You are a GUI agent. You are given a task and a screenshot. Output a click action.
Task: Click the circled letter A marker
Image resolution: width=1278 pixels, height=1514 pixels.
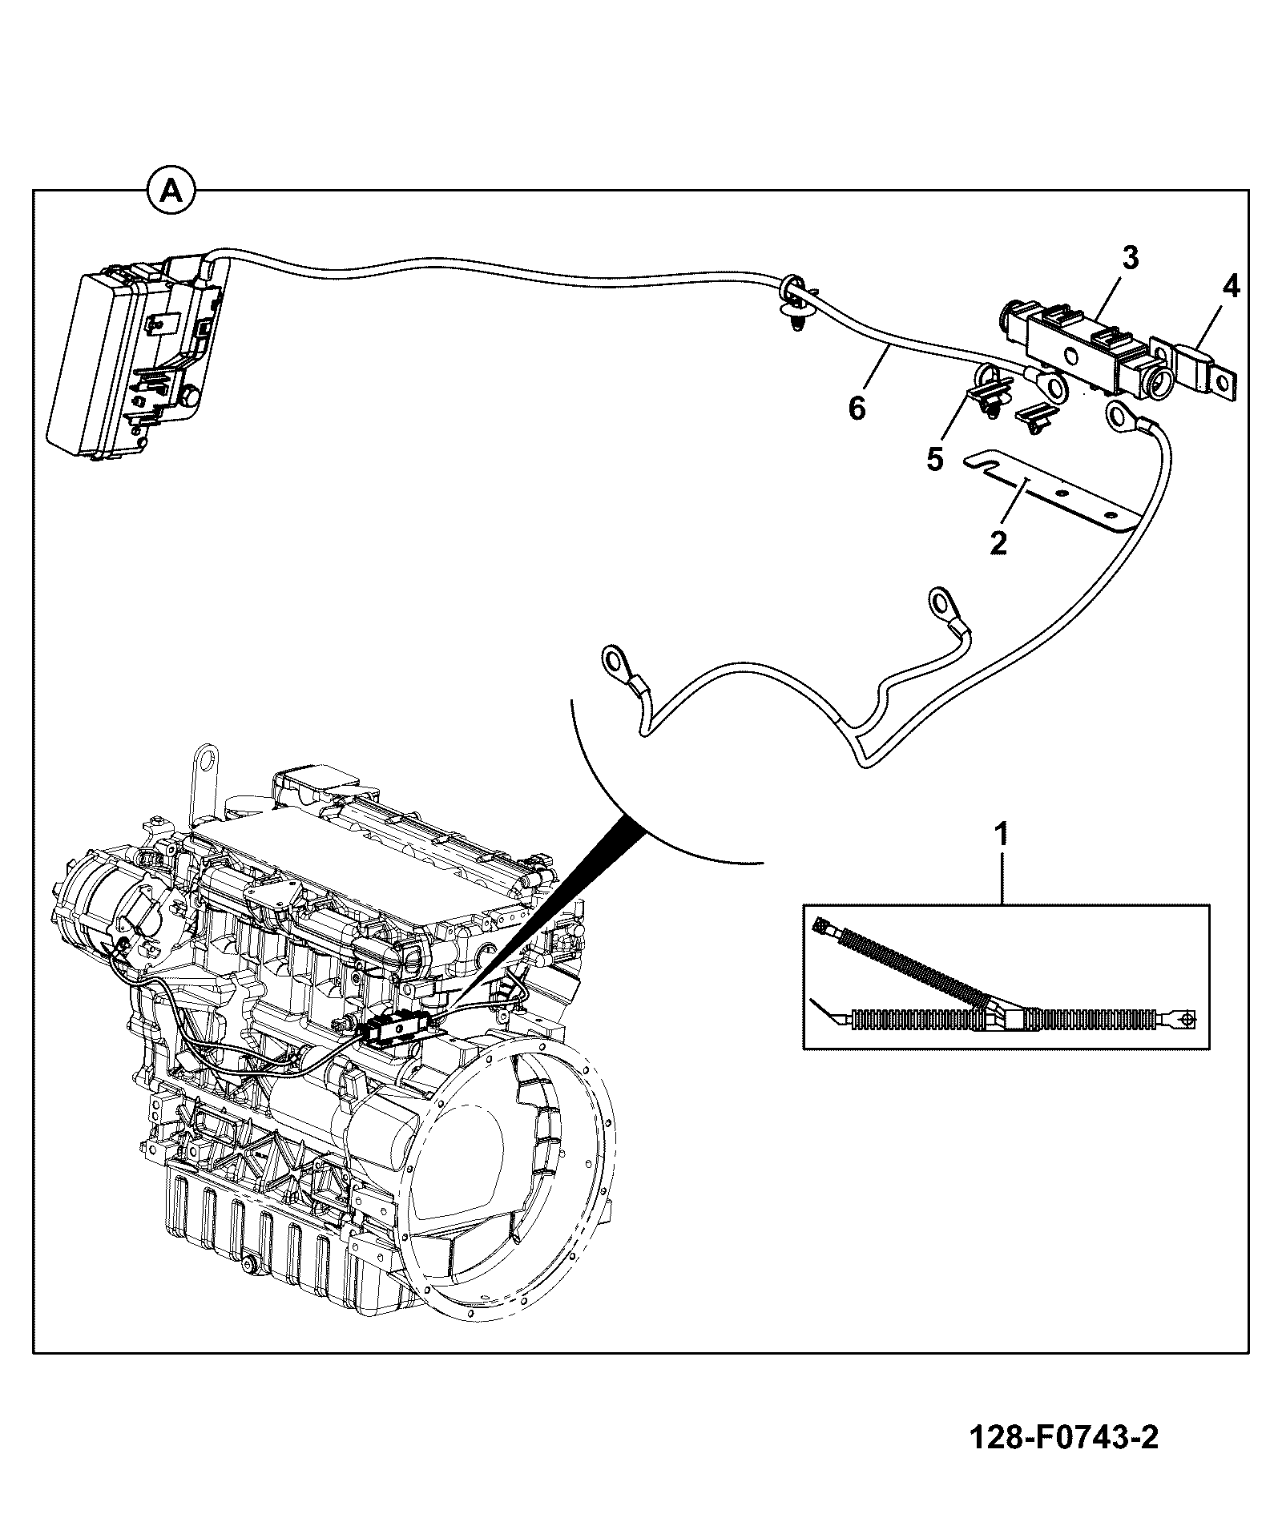(171, 190)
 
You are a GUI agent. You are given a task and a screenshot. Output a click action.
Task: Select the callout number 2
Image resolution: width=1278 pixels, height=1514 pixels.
(998, 542)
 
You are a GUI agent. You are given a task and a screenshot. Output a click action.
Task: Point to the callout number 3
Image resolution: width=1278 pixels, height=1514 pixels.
(1131, 258)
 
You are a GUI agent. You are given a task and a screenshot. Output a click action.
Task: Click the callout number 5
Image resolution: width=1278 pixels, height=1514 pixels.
(936, 460)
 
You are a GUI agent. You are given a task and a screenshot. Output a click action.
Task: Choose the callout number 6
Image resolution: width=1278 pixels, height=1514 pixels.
(857, 409)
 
